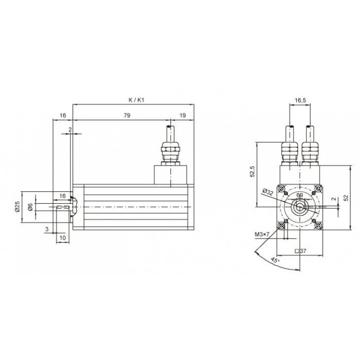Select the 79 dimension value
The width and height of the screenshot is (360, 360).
click(x=127, y=115)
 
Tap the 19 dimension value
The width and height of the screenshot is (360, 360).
click(x=183, y=115)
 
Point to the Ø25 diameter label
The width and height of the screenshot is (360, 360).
click(x=17, y=206)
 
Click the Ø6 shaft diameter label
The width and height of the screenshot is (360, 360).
click(x=30, y=207)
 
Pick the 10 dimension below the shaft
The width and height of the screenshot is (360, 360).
click(x=63, y=238)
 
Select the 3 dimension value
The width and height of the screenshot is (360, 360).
click(x=47, y=229)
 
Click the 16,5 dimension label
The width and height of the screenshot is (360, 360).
click(x=300, y=100)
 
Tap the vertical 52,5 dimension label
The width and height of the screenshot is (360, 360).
click(x=253, y=171)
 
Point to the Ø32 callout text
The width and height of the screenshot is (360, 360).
click(x=268, y=192)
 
